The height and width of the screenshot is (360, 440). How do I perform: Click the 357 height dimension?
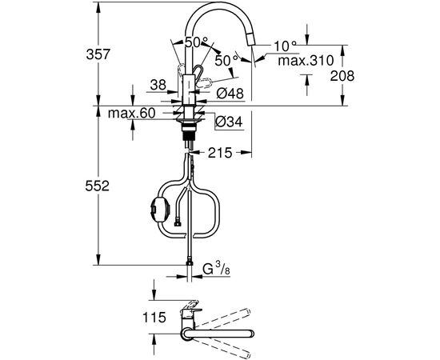point(98,54)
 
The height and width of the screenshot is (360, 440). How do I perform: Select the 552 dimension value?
point(97,186)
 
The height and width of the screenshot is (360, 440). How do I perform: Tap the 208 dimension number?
point(342,76)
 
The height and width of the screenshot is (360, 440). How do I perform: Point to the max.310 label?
point(306,60)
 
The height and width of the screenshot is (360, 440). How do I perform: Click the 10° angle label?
point(285,46)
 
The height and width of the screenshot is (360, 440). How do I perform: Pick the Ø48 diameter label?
point(230,93)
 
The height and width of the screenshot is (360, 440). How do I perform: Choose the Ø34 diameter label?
point(229,122)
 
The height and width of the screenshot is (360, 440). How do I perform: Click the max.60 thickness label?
point(132,113)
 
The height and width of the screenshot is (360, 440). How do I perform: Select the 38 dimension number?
point(158,85)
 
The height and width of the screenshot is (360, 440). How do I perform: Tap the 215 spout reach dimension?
point(220,153)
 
